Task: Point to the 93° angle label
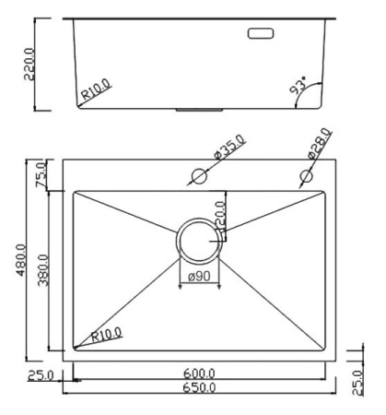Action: point(299,88)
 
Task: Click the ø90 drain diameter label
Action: point(198,275)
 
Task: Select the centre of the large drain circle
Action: point(197,238)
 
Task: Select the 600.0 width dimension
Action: point(199,373)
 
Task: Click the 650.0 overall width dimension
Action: point(199,390)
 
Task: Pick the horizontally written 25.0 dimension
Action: point(41,375)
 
